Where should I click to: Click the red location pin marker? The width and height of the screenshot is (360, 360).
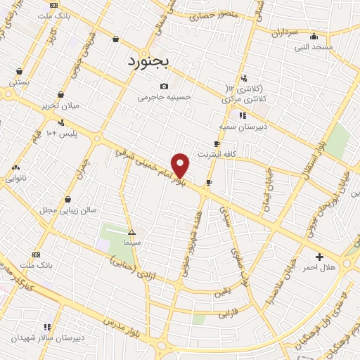[x=181, y=165]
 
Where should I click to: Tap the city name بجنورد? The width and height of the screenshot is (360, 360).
[x=149, y=62]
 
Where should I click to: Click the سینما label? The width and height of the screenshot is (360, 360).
[x=132, y=242]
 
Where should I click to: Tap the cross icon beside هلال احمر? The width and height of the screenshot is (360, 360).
[x=320, y=257]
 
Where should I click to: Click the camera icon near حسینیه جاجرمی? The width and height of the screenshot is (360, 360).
[x=165, y=86]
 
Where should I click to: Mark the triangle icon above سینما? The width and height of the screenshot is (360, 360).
[x=131, y=231]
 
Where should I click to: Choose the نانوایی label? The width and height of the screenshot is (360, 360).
[x=16, y=179]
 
